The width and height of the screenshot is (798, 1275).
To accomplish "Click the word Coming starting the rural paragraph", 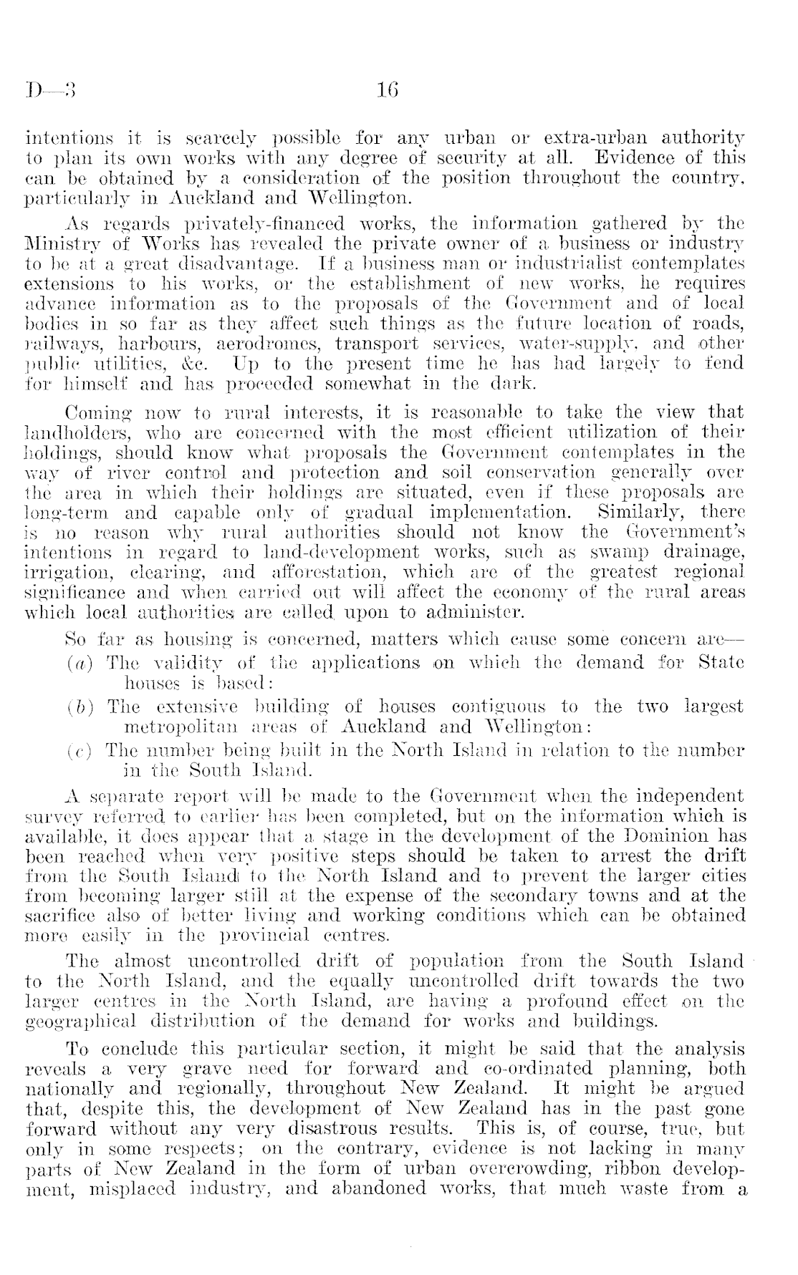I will (95, 412).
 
